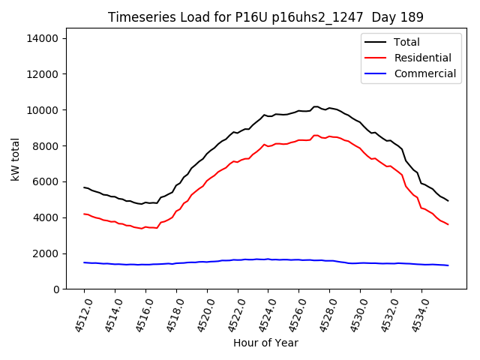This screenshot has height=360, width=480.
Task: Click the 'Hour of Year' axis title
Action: (265, 343)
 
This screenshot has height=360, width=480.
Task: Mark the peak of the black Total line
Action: (316, 106)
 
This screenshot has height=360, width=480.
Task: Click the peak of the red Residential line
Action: (316, 135)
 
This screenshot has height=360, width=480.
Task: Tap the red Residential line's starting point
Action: (84, 214)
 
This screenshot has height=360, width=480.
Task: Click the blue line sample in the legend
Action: (376, 73)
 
